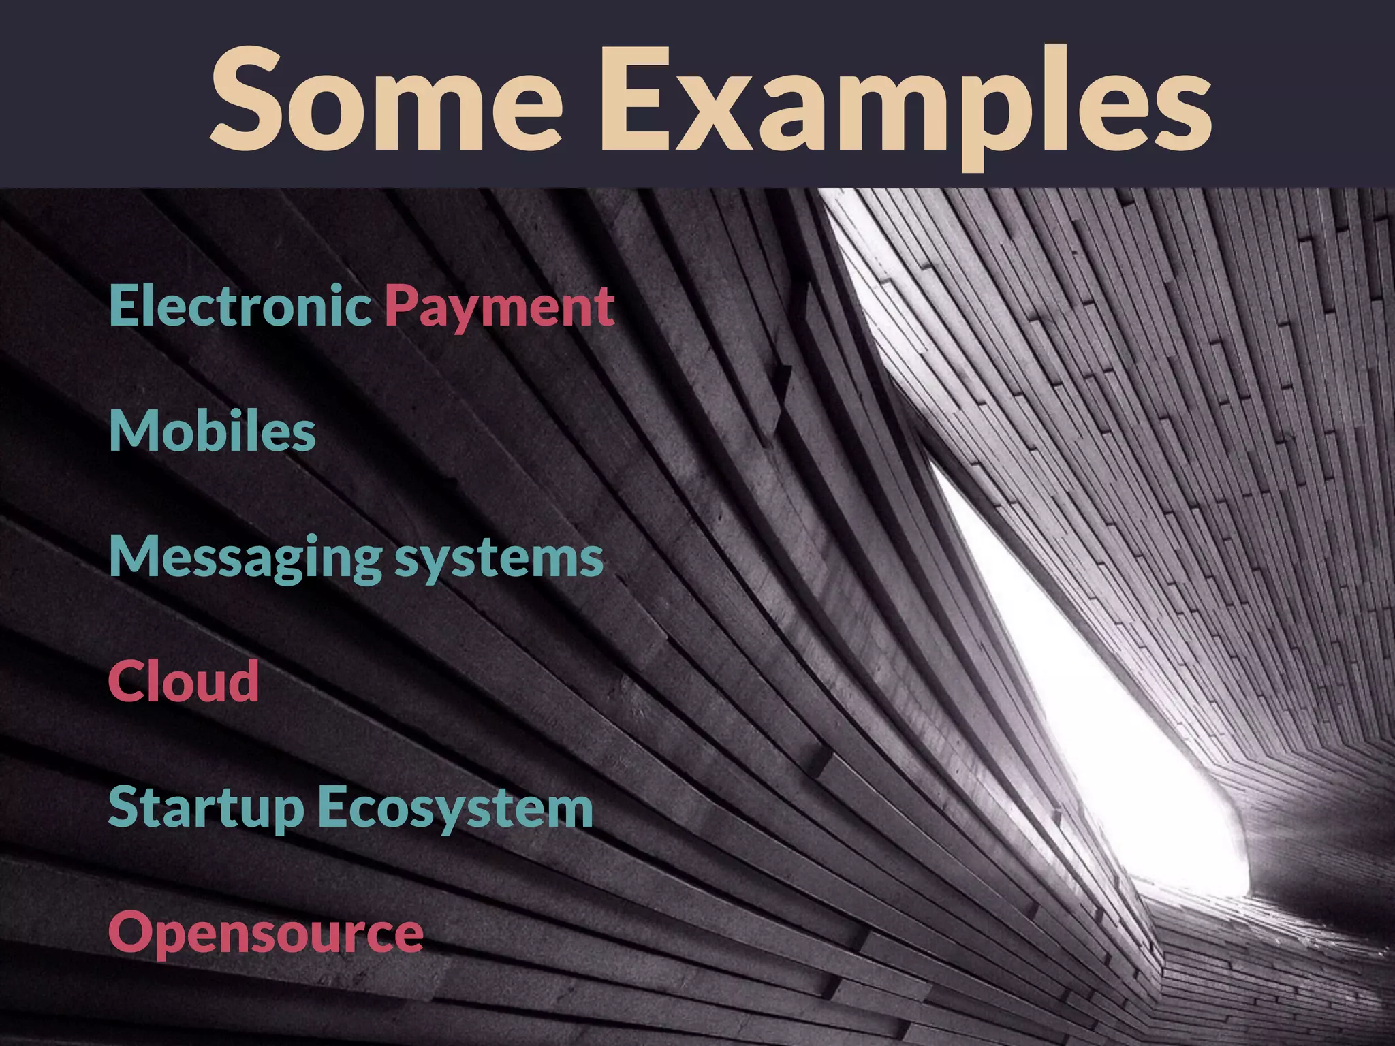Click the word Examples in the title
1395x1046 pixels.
coord(905,102)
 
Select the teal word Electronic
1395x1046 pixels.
coord(240,306)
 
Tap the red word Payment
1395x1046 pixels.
coord(500,308)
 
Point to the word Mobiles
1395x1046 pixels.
coord(213,431)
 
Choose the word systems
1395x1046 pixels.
coord(499,560)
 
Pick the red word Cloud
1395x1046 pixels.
coord(184,681)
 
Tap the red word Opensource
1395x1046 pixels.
coord(266,934)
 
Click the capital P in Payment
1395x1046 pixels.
coord(401,306)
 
